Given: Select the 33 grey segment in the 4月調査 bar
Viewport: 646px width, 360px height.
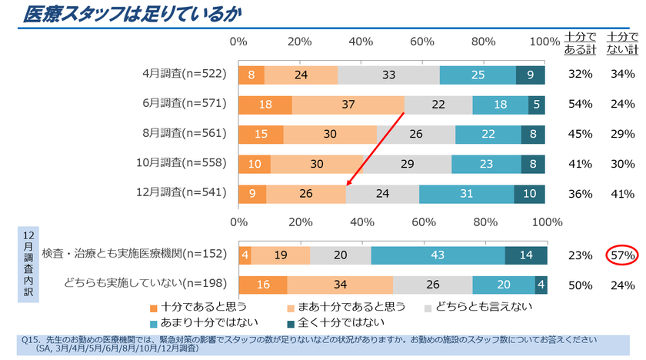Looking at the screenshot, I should coord(388,75).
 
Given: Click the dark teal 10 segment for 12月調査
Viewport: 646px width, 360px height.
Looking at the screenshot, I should coord(530,194).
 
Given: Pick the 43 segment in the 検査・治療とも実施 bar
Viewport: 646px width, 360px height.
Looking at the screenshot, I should coord(438,255).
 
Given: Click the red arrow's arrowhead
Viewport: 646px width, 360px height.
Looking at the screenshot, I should coord(348,184).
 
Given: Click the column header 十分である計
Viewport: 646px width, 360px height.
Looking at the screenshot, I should coord(580,43).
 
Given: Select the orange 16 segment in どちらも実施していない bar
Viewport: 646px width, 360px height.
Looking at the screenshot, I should coord(262,285).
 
